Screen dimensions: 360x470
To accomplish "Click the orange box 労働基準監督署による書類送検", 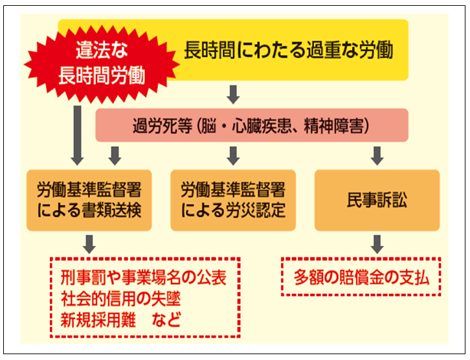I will pyautogui.click(x=89, y=200).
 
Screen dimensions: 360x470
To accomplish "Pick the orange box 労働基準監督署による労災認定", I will pyautogui.click(x=233, y=200).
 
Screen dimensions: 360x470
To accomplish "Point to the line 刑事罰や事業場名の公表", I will pyautogui.click(x=144, y=279).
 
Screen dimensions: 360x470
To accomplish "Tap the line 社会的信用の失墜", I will pyautogui.click(x=124, y=299).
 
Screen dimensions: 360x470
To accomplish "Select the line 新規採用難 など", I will pyautogui.click(x=121, y=319).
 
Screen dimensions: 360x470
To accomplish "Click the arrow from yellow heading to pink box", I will pyautogui.click(x=234, y=95).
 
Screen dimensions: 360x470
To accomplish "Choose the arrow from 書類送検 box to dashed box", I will pyautogui.click(x=89, y=243).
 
